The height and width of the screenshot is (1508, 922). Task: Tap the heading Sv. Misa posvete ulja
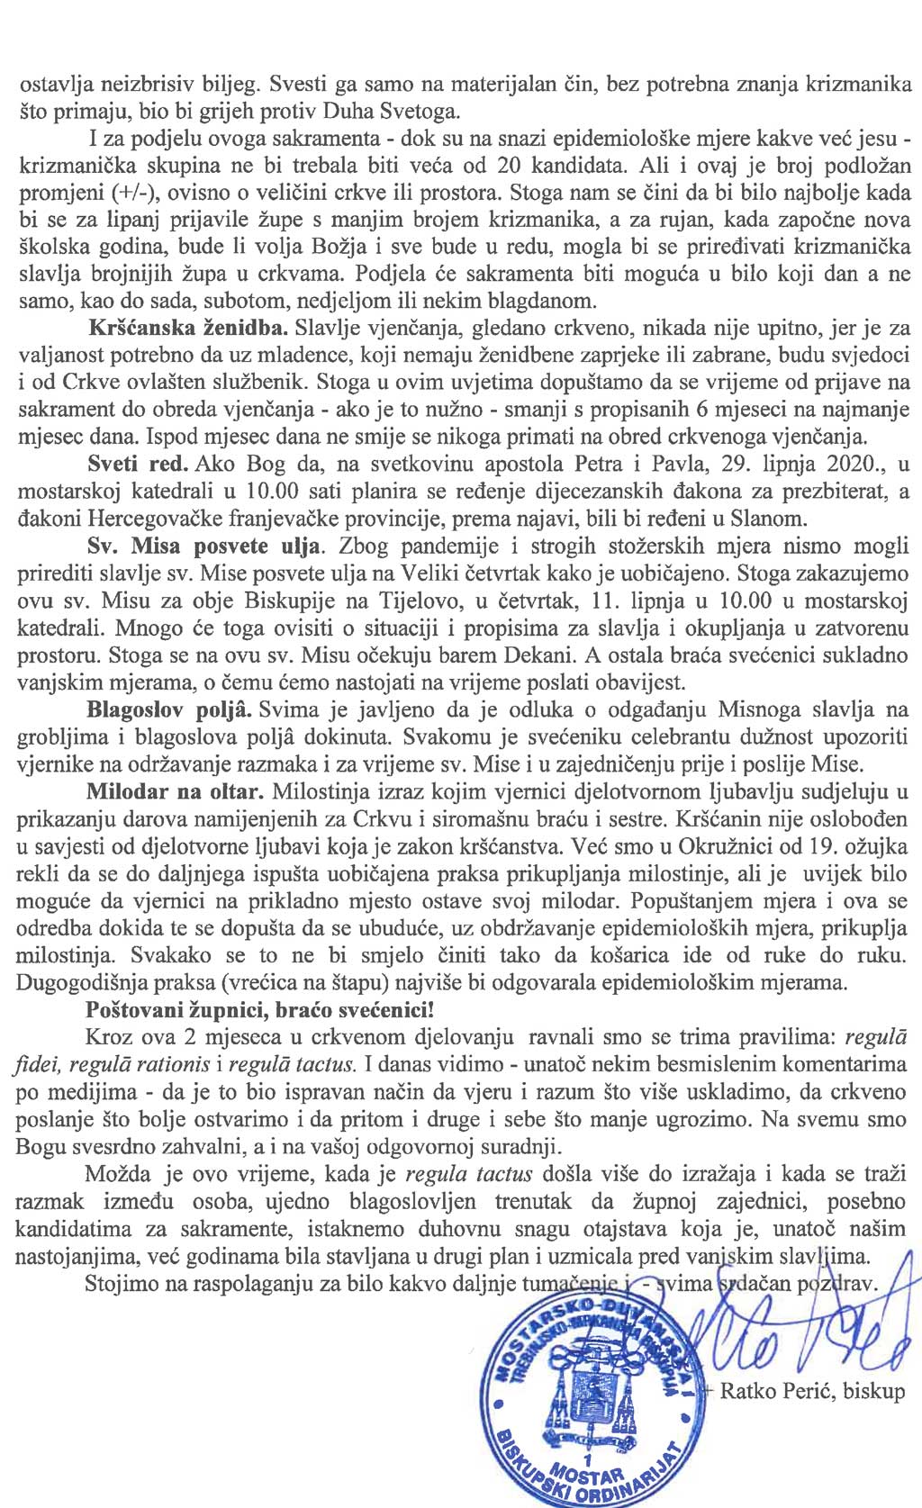pyautogui.click(x=203, y=546)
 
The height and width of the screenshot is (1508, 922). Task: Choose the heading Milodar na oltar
pyautogui.click(x=175, y=792)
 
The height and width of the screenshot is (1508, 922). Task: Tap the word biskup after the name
pyautogui.click(x=875, y=1391)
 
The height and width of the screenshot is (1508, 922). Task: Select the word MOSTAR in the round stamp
pyautogui.click(x=588, y=1476)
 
